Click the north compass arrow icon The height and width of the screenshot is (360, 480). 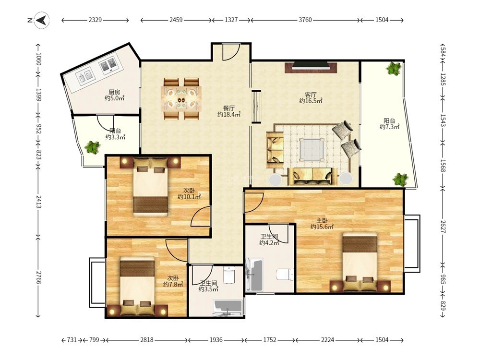[42, 20]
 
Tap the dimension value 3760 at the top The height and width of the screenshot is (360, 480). [305, 20]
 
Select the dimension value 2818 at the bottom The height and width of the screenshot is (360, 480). [146, 340]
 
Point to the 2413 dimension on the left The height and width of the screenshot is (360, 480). [38, 202]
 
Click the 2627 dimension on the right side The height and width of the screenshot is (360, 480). [443, 226]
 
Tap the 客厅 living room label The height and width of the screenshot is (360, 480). [311, 95]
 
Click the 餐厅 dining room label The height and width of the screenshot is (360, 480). [228, 108]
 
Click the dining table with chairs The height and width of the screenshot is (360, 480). [181, 99]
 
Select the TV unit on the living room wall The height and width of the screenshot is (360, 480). [311, 67]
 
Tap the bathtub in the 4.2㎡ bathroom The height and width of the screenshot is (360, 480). [255, 275]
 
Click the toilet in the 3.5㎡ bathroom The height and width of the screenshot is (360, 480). [228, 275]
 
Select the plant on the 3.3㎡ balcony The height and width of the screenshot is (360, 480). [93, 147]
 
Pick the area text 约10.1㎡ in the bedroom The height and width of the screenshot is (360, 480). [189, 197]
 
